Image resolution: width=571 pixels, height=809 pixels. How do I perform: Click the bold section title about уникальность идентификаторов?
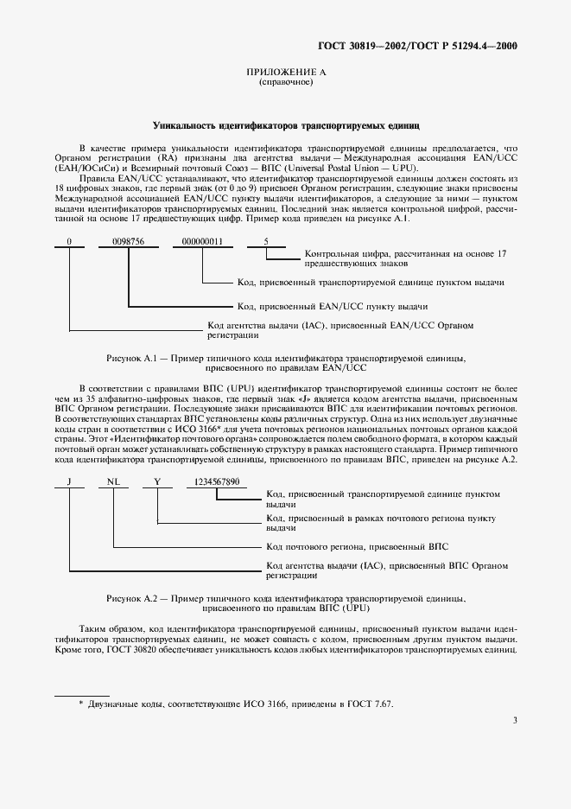[285, 125]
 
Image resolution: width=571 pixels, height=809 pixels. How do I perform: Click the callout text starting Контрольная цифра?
[405, 258]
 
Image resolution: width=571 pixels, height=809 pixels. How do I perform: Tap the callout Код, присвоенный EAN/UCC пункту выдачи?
[333, 306]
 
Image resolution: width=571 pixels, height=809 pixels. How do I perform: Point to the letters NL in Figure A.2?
[113, 481]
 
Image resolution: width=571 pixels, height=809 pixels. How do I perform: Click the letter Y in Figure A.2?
[157, 481]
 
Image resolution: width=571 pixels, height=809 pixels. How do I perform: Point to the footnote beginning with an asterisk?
[235, 704]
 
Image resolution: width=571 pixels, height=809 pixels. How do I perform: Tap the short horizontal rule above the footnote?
[82, 694]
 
